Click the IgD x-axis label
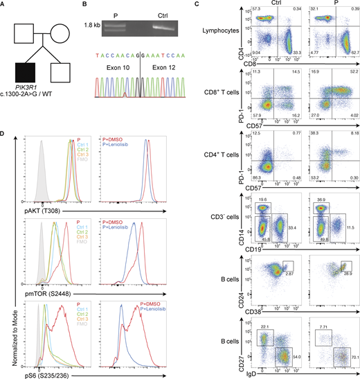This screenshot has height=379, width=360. pyautogui.click(x=276, y=373)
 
